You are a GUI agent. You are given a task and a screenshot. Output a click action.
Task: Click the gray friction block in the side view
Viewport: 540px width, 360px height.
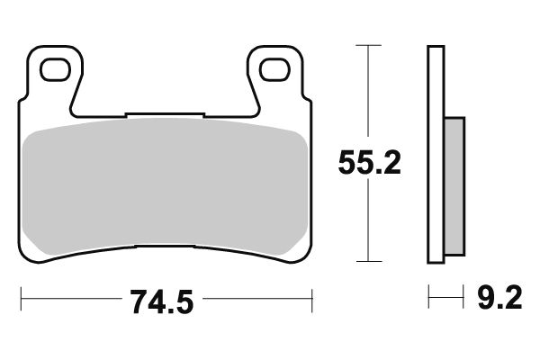tap(454, 184)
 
